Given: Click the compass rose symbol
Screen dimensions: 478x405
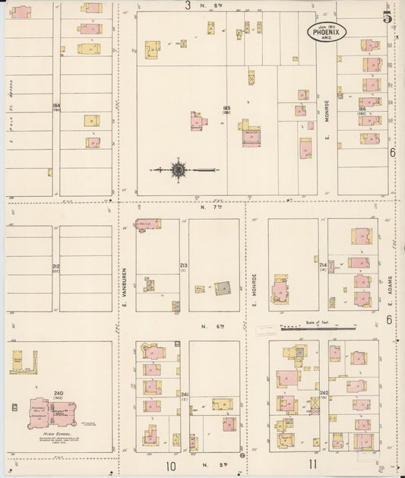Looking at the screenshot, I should tap(177, 170).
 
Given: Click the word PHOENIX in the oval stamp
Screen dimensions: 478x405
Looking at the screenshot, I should tap(327, 33).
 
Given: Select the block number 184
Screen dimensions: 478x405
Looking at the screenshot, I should tap(55, 105).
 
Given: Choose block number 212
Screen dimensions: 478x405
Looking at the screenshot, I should tap(55, 266).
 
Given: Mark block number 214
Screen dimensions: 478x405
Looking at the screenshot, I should tap(322, 265).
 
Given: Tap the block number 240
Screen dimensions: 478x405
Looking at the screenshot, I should tap(59, 393).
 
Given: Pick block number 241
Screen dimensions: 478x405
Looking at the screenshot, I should tap(184, 394).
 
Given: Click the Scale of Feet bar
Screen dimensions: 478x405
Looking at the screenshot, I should tap(317, 329).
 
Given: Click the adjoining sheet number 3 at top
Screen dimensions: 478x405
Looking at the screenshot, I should tap(188, 5).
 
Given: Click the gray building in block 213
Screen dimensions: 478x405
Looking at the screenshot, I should tap(223, 289).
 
